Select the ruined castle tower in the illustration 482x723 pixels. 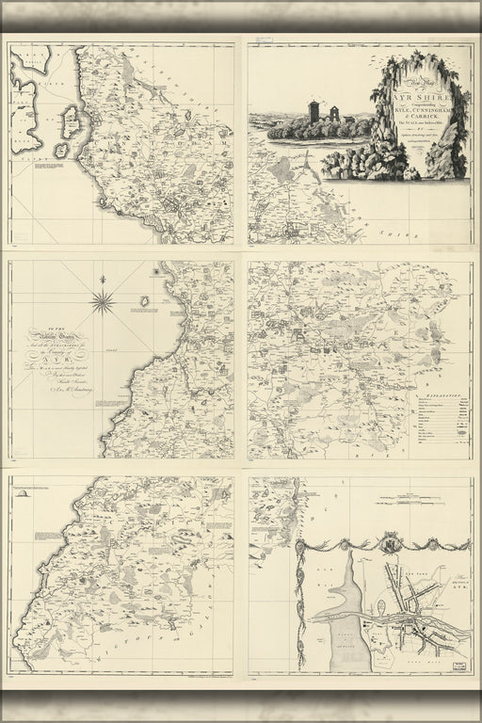(314, 111)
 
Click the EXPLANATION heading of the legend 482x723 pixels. (443, 371)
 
